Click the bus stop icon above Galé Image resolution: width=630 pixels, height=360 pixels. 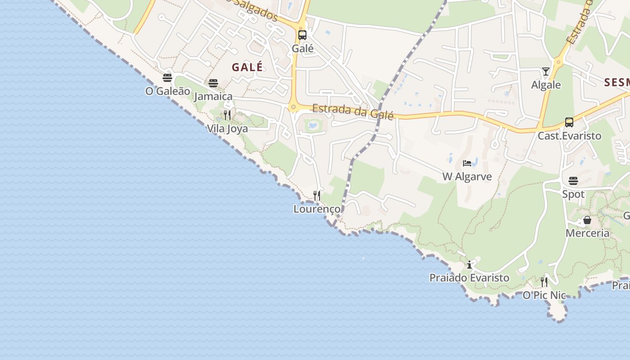tap(302, 35)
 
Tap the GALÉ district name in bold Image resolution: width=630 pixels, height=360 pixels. tap(247, 67)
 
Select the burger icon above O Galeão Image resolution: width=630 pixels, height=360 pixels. tap(167, 78)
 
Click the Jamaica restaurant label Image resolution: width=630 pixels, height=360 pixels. tap(213, 96)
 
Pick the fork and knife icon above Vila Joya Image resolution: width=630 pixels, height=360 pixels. tap(227, 115)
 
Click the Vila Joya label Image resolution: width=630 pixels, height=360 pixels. tap(227, 129)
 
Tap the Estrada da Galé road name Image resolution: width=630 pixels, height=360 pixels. tap(353, 112)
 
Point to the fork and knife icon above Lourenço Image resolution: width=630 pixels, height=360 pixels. tap(317, 196)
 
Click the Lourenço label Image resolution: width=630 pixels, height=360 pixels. tap(317, 209)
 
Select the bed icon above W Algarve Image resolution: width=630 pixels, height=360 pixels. tap(467, 163)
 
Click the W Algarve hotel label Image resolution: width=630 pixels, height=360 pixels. tap(467, 176)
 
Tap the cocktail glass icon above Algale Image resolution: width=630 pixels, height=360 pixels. tap(546, 72)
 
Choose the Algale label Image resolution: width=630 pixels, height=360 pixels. tap(546, 85)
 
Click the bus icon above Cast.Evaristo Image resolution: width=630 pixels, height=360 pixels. tap(569, 122)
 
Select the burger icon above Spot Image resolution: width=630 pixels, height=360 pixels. tap(573, 181)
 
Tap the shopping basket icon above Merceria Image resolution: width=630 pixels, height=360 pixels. tap(587, 220)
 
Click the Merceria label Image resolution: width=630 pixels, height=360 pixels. tap(587, 233)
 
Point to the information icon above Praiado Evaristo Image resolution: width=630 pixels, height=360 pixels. tap(469, 265)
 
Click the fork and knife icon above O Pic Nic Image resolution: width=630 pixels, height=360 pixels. tap(544, 282)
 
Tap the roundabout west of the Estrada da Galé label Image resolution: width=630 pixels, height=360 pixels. tap(293, 107)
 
